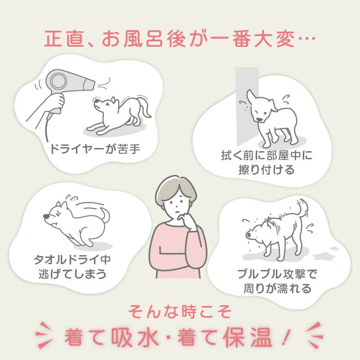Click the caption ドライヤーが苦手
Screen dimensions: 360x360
pos(95,149)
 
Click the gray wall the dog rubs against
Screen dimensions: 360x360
pos(247,106)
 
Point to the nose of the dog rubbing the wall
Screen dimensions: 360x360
pos(260,119)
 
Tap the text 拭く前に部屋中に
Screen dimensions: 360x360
pos(266,155)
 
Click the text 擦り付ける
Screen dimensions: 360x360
pos(266,170)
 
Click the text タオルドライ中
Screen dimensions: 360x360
pos(72,260)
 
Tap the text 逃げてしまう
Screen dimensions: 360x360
pos(72,274)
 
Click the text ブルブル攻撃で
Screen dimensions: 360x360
pos(277,274)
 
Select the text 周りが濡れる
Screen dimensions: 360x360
pos(277,288)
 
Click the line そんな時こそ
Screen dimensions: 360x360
pos(180,311)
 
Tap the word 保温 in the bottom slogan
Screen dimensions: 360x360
pos(247,337)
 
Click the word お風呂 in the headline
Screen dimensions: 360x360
pos(132,39)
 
